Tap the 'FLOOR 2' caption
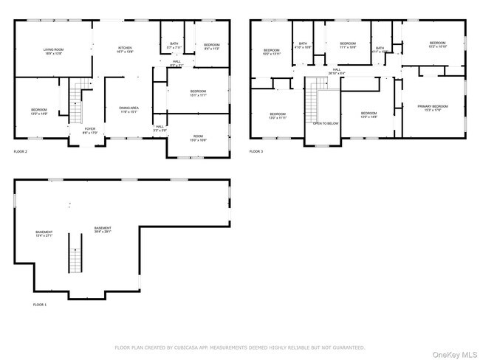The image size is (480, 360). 20,151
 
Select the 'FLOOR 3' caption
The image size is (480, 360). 256,151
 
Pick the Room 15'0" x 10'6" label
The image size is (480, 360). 198,138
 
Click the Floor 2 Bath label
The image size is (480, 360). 174,46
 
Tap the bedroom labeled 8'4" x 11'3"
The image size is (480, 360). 211,46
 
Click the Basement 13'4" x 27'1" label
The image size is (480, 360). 44,235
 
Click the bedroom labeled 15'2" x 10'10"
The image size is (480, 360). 438,45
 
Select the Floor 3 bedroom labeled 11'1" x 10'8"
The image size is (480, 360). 348,46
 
